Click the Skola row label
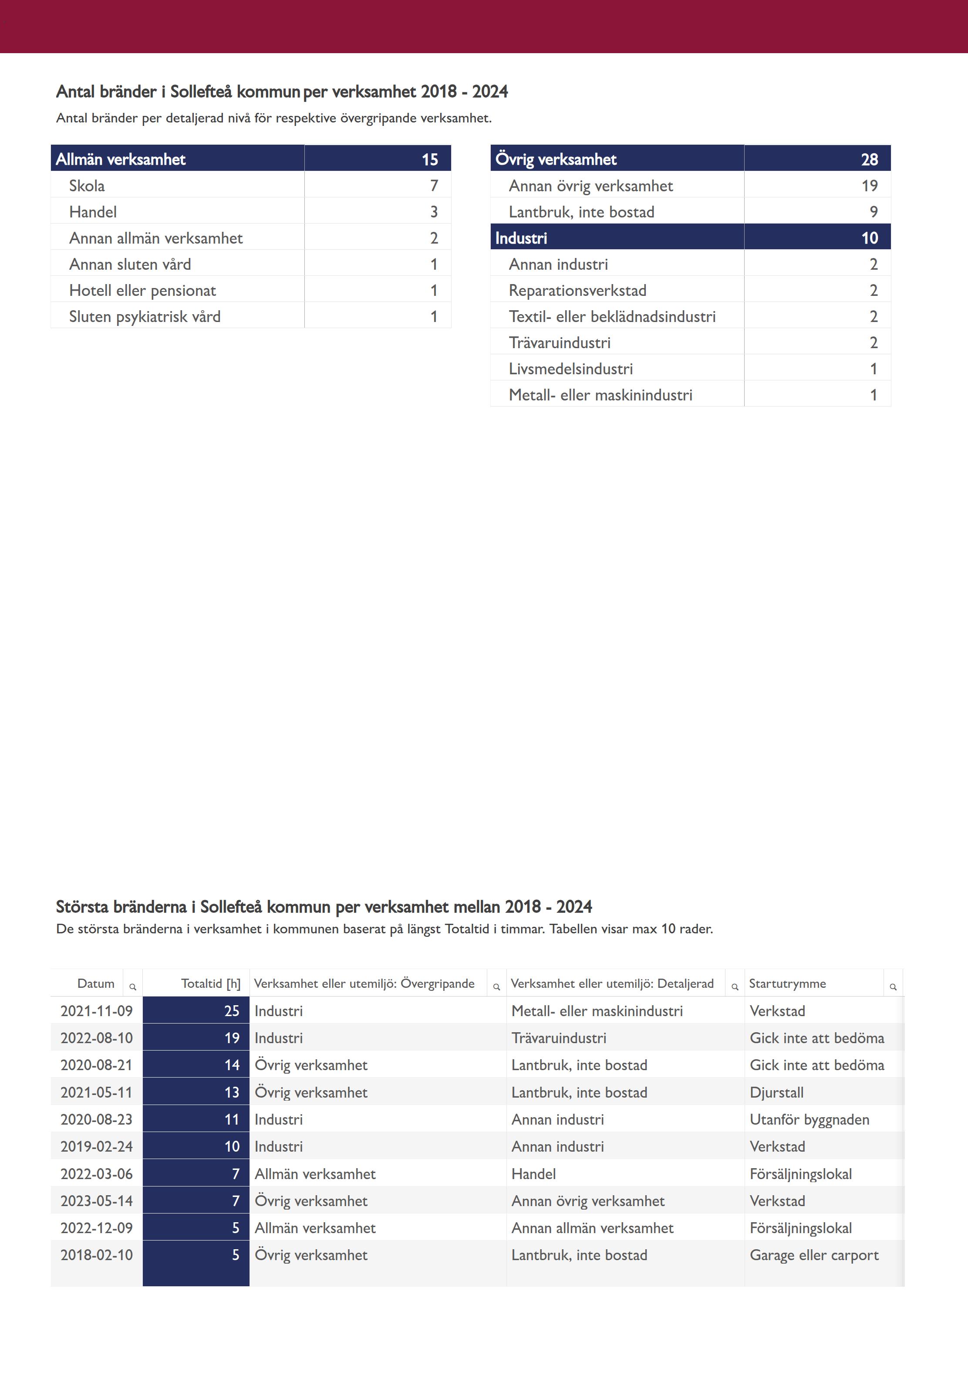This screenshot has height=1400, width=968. pos(87,186)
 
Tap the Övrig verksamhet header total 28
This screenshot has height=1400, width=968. pos(869,159)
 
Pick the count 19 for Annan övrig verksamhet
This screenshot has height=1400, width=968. pos(869,186)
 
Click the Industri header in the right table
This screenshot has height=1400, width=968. pos(521,238)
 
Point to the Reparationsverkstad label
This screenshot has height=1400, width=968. pos(577,290)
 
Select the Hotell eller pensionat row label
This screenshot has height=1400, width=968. pos(142,290)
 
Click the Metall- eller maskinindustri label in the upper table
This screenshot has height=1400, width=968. pos(600,395)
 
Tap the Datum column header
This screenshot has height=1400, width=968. pos(96,983)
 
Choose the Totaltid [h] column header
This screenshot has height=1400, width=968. pos(210,983)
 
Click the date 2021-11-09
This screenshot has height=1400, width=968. pos(96,1010)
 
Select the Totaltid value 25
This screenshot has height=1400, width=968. pos(232,1010)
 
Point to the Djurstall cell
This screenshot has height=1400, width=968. pos(776,1092)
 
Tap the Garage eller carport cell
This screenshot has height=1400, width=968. pos(814,1255)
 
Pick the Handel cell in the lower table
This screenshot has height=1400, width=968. pos(533,1174)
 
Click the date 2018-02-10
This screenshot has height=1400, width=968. pos(96,1255)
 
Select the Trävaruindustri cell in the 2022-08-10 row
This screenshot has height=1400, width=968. pos(559,1038)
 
